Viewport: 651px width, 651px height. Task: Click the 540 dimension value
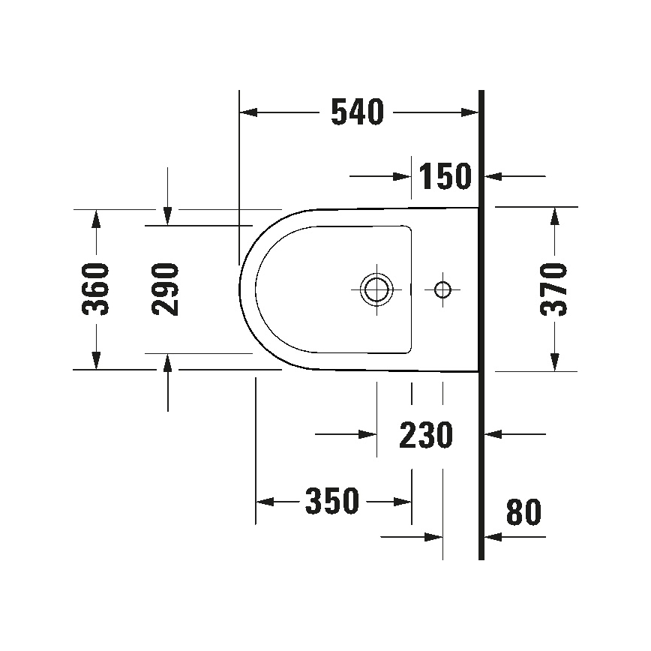[357, 112]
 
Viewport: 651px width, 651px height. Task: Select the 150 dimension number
[445, 176]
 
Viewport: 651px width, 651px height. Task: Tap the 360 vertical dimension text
[96, 289]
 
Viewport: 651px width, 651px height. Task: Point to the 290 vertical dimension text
[165, 289]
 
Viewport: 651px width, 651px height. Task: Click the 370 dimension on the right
[555, 289]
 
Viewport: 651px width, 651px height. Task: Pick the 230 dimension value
[426, 434]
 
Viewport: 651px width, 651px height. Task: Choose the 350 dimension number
[332, 501]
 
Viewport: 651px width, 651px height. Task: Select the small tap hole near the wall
[442, 289]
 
